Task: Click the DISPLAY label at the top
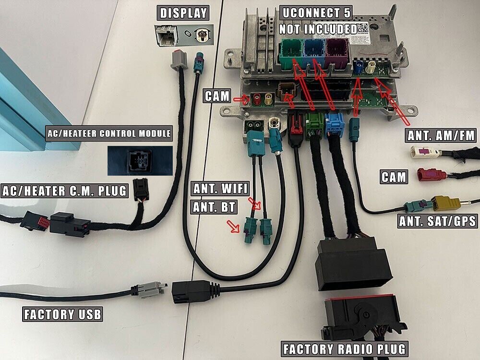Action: tap(183, 13)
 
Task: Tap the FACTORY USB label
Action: tap(62, 314)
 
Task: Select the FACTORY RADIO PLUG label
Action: tap(345, 348)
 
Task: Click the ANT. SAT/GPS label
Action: tap(437, 221)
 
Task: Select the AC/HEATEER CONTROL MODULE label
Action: tap(108, 133)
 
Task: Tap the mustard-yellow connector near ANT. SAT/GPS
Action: tap(446, 203)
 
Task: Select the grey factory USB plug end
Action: tap(149, 290)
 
